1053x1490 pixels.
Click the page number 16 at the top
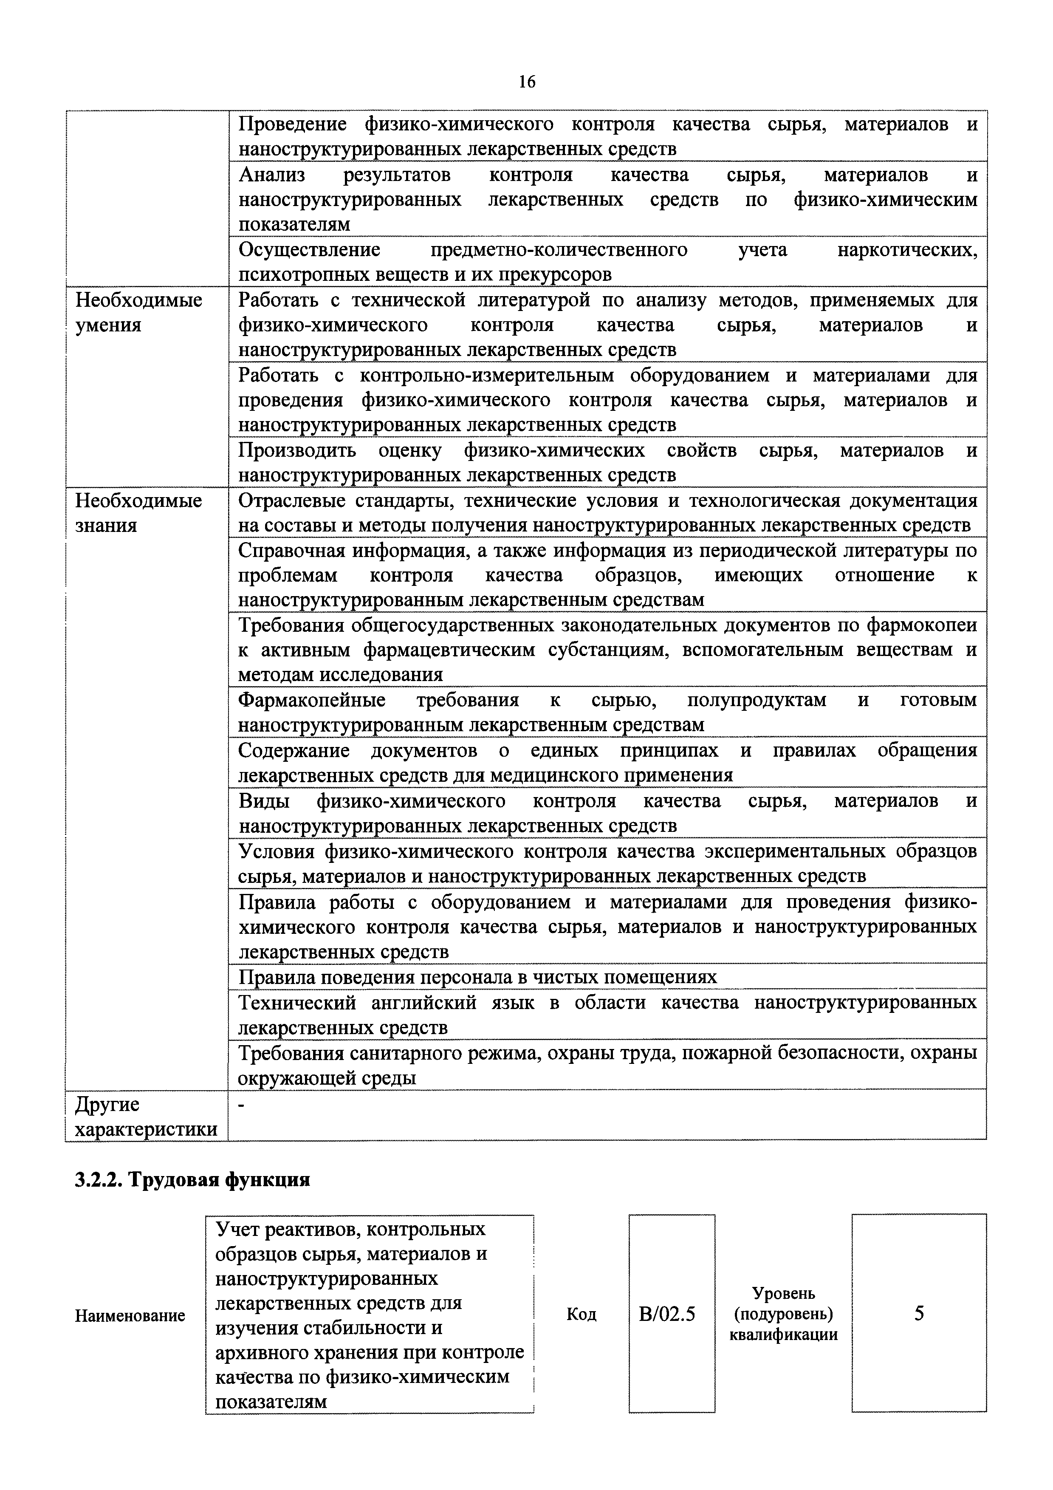(x=527, y=82)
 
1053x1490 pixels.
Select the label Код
(x=582, y=1314)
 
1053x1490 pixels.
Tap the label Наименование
(x=130, y=1315)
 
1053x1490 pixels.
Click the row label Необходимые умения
(x=139, y=312)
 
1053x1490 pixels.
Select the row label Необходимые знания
(x=139, y=513)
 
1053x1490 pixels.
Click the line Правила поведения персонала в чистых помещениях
(x=477, y=977)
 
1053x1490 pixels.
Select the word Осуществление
(x=310, y=250)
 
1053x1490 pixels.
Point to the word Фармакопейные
(x=311, y=700)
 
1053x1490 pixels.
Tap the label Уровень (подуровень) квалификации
(x=783, y=1314)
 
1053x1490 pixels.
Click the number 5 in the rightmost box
(x=919, y=1314)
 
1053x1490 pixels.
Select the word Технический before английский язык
(x=297, y=1003)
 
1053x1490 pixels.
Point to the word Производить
(x=297, y=450)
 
